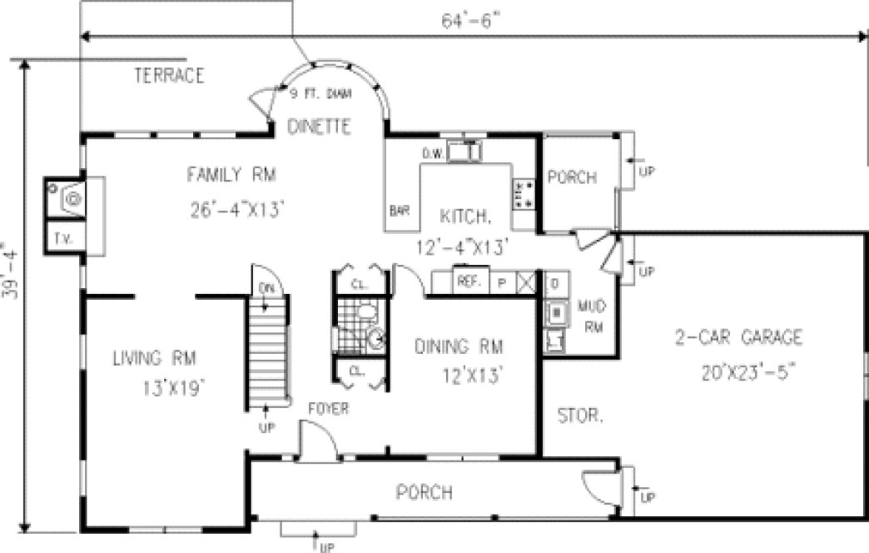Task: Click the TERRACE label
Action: click(169, 76)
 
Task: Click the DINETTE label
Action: click(318, 127)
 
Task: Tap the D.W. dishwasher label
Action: click(432, 153)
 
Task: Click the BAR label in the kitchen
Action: click(399, 212)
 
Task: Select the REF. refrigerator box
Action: click(469, 282)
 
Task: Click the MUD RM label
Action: click(592, 317)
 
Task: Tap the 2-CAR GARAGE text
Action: click(738, 338)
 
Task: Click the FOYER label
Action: click(327, 409)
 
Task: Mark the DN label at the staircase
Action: click(267, 289)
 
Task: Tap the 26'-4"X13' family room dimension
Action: click(237, 211)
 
